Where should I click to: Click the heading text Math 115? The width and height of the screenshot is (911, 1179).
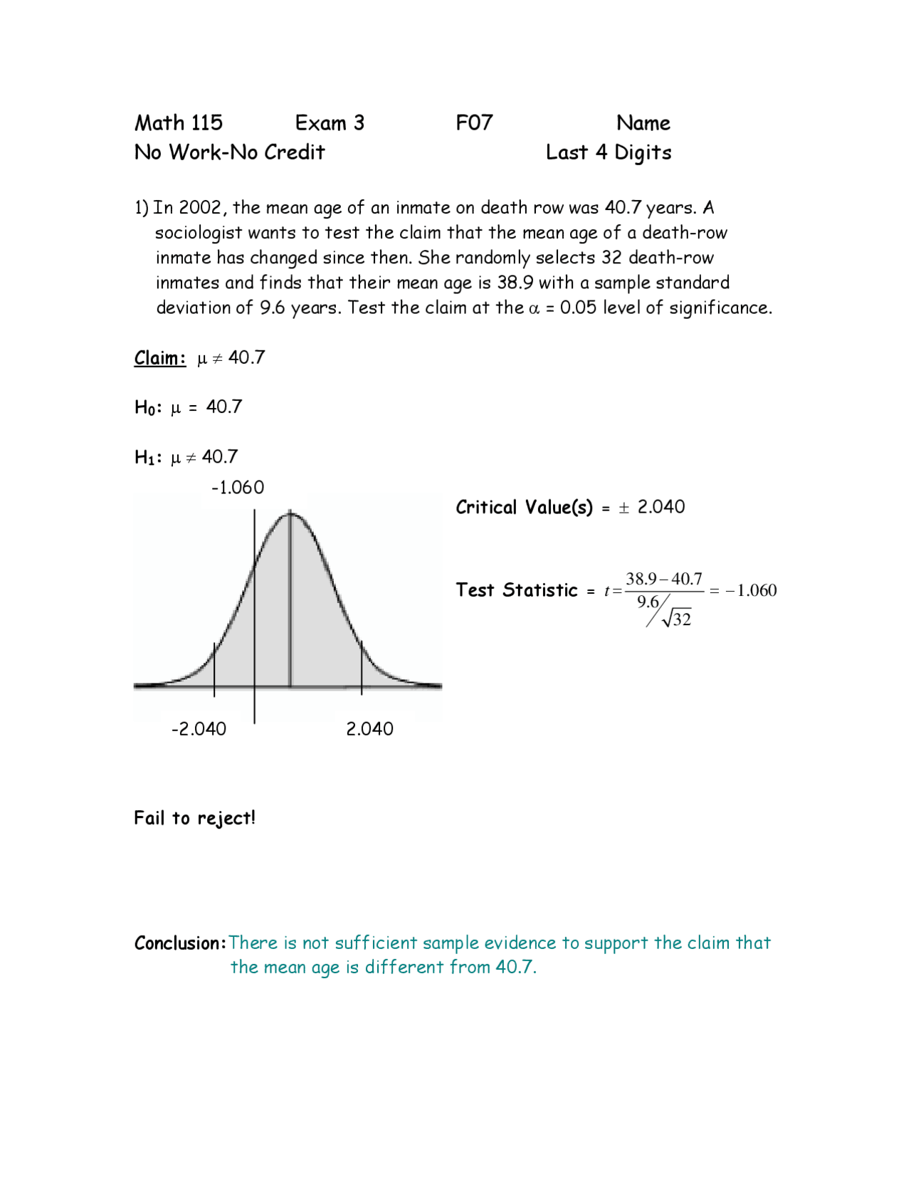[179, 123]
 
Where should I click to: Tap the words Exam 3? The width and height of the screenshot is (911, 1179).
[330, 123]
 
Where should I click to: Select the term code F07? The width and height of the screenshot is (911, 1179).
[474, 123]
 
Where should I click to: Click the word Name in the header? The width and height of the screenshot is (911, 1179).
[643, 123]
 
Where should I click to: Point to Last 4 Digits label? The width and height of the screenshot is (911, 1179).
[609, 153]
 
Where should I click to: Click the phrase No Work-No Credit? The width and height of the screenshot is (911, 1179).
[229, 152]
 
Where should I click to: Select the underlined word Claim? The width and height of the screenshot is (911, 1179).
[160, 357]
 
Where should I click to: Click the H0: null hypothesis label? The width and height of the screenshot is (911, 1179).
[148, 407]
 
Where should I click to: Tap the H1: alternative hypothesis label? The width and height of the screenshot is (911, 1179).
[148, 457]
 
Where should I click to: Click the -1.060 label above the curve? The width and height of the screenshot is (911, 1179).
[238, 488]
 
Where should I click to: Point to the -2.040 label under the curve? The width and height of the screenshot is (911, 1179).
[199, 729]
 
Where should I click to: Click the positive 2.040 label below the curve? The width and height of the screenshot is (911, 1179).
[369, 729]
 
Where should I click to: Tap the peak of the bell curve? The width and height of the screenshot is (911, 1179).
[290, 513]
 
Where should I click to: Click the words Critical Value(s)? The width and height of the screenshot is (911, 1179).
[524, 508]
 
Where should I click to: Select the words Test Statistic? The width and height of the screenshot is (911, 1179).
[517, 590]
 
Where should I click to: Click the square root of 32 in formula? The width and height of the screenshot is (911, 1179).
[677, 619]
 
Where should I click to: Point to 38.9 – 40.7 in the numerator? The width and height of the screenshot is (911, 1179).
[663, 579]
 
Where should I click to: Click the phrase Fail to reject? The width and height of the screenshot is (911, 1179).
[194, 818]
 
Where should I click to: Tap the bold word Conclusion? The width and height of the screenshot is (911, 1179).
[180, 943]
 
